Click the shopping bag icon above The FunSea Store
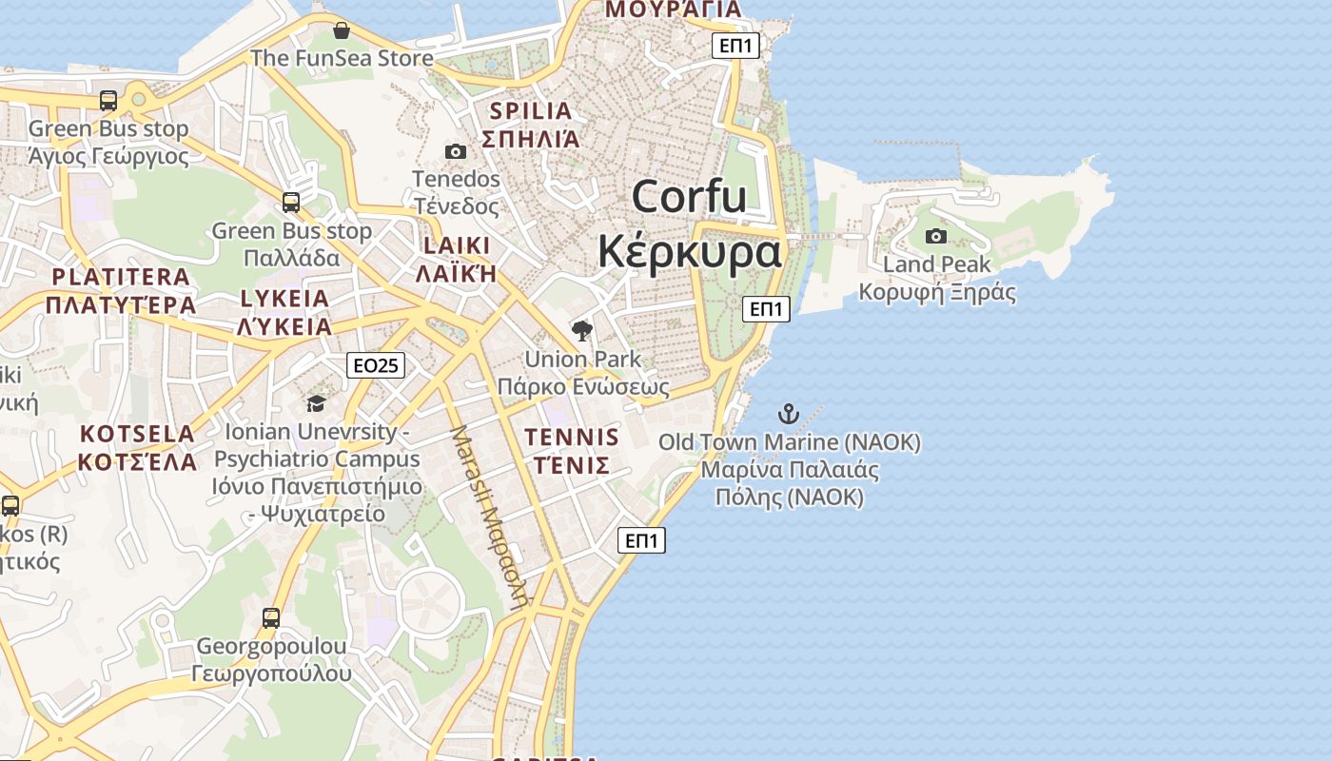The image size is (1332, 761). (342, 30)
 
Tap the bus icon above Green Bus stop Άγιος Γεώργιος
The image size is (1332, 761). (108, 101)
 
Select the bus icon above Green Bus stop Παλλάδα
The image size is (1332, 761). (291, 203)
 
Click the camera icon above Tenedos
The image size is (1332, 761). (456, 151)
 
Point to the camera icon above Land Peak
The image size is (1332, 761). (936, 236)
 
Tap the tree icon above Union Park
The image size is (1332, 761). (582, 331)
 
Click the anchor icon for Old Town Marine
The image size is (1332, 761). (789, 414)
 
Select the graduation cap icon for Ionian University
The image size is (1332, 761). (316, 404)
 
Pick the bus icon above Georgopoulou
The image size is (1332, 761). (271, 618)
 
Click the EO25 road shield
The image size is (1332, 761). (376, 365)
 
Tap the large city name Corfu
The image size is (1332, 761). (690, 197)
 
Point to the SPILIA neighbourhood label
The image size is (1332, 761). (530, 111)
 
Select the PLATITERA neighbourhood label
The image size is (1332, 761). (121, 277)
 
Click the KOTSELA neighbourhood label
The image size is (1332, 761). (137, 434)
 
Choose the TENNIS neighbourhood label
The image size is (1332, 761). (572, 438)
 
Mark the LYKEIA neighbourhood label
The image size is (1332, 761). (284, 299)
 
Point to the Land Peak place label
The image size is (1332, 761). (937, 264)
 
